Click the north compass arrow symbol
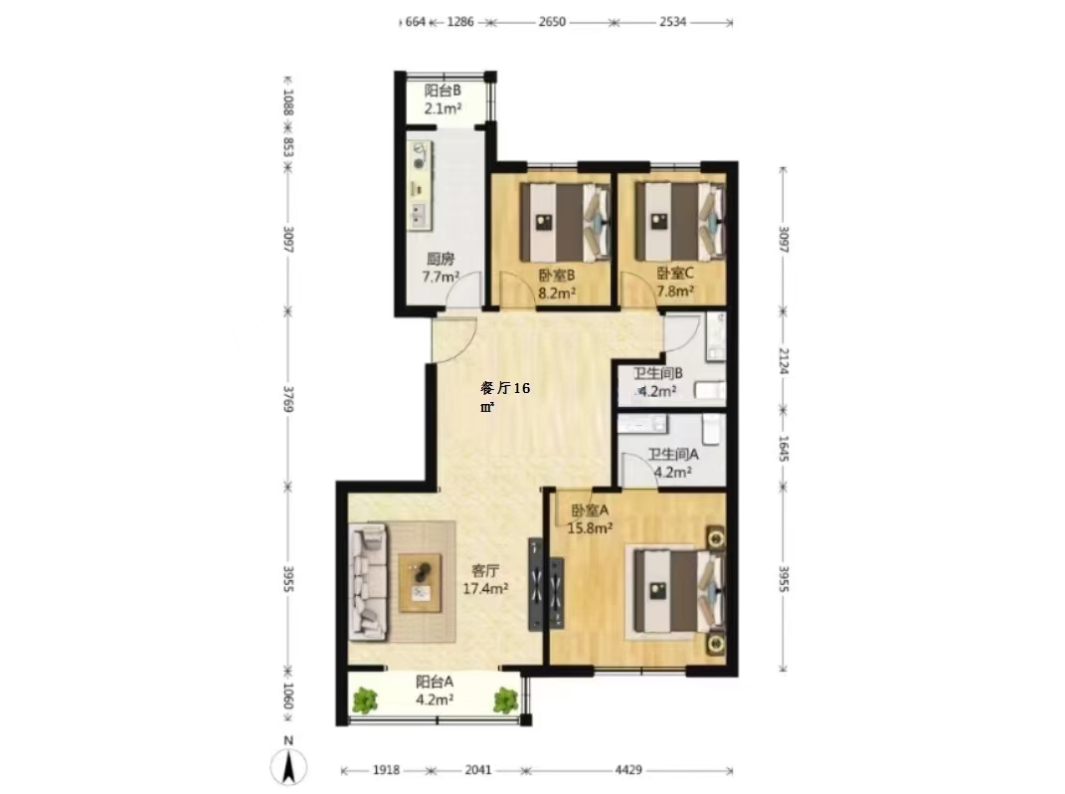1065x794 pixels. coord(288,766)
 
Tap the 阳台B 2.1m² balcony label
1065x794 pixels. coord(443,99)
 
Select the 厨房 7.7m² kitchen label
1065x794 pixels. coord(441,268)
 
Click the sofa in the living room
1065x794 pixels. coord(369,582)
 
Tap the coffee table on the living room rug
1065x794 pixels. coord(421,583)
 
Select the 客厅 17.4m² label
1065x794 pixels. coord(485,579)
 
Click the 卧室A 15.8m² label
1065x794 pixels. coord(591,518)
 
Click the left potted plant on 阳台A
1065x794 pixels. coord(365,700)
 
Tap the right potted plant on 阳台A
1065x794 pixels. coord(506,700)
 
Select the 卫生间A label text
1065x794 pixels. coord(672,454)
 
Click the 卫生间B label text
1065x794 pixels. coord(658,373)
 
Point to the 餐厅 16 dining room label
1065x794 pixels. coord(505,388)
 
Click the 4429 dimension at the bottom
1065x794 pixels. coord(628,769)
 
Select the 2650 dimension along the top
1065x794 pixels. coord(552,22)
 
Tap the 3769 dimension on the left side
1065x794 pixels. coord(288,399)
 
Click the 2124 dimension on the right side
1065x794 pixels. coord(784,361)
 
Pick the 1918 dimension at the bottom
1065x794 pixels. coord(386,769)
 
